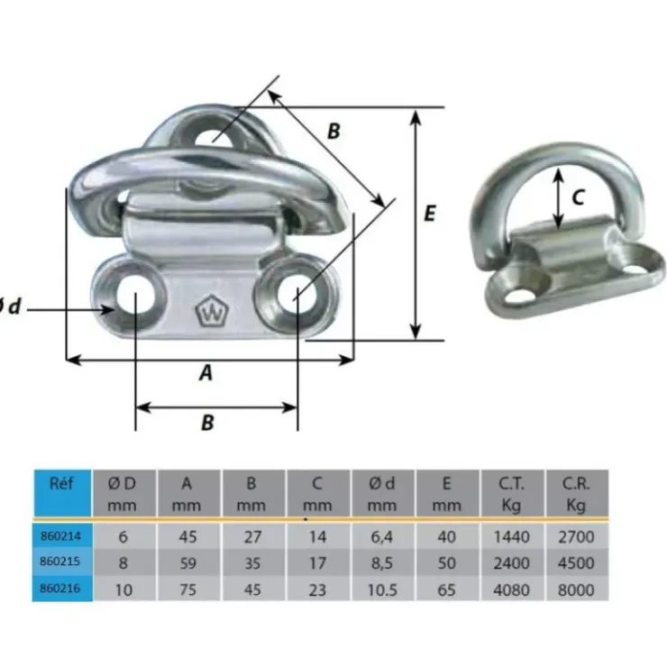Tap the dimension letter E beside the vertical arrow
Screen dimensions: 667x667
point(430,213)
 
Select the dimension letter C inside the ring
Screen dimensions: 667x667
point(578,197)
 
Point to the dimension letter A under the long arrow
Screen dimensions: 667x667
point(206,373)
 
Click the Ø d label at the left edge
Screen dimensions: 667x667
point(8,306)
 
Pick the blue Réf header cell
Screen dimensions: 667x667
point(62,493)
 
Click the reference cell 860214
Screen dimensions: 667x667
point(61,536)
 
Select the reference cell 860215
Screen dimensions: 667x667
point(60,562)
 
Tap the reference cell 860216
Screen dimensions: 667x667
point(60,589)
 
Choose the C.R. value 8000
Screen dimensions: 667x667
point(576,590)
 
